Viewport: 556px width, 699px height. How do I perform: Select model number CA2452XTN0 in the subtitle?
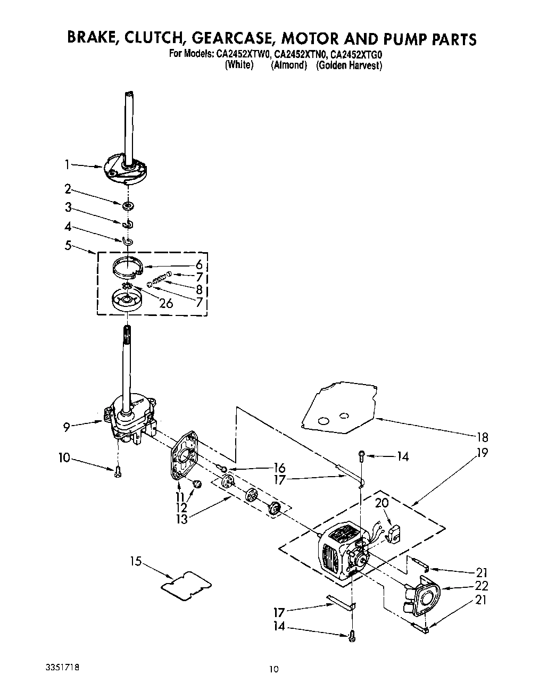(x=300, y=54)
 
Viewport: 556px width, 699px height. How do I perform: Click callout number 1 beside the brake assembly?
(x=68, y=165)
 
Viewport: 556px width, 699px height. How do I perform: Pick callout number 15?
(x=137, y=561)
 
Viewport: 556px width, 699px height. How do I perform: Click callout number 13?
(x=182, y=519)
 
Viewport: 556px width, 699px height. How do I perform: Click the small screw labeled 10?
(x=118, y=471)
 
